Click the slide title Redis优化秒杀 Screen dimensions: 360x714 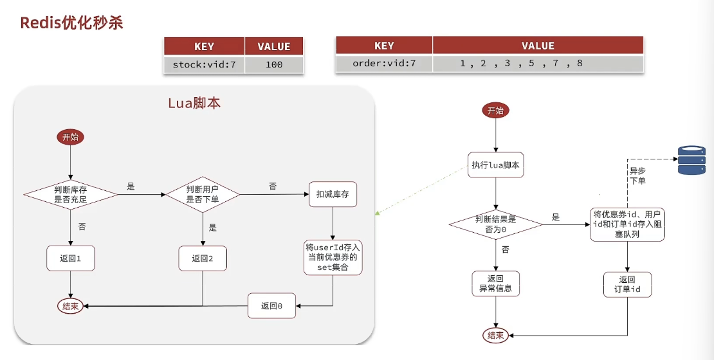click(x=71, y=23)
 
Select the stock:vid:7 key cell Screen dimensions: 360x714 click(x=204, y=64)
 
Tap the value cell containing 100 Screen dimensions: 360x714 click(x=273, y=64)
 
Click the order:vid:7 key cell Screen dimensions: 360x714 click(x=384, y=63)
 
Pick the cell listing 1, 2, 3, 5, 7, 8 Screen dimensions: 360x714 click(x=521, y=63)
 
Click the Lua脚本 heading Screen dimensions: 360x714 click(x=194, y=103)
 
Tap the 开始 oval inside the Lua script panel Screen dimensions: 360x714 click(x=71, y=137)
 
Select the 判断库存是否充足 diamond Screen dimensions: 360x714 click(x=71, y=193)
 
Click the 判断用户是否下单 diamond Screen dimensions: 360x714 click(x=203, y=194)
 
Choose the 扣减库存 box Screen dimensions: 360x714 click(x=333, y=194)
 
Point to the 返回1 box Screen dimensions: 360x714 click(x=70, y=258)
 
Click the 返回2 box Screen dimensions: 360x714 click(x=203, y=258)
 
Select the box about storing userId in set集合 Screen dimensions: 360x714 click(x=332, y=257)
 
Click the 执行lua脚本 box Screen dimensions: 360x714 click(x=495, y=165)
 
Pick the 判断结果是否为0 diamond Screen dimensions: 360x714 click(x=495, y=224)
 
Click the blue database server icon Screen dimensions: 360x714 click(x=691, y=160)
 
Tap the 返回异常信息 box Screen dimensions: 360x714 click(x=495, y=283)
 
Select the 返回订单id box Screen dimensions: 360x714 click(x=627, y=284)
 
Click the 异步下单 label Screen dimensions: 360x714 click(x=637, y=176)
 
